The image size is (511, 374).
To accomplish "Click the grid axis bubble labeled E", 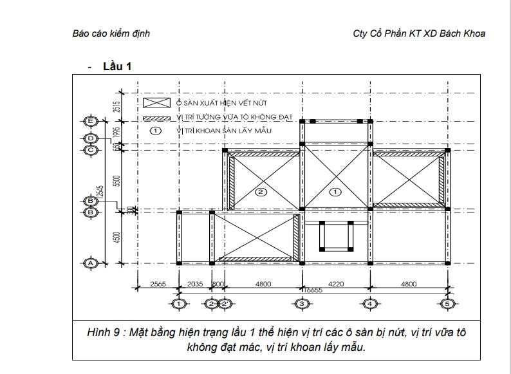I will point(91,121).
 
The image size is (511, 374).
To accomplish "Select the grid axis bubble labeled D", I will point(91,138).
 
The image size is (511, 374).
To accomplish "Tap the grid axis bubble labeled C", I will point(91,150).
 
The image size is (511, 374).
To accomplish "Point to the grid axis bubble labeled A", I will point(91,263).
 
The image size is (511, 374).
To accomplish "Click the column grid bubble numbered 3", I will point(301,303).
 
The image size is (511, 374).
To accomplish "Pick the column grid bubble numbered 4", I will point(370,303).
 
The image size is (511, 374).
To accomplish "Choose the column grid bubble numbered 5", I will point(448,303).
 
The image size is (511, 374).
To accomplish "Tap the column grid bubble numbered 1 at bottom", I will point(179,303).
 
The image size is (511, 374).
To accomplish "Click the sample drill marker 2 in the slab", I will point(261,192).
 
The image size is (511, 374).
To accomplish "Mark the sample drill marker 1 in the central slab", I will point(334,192).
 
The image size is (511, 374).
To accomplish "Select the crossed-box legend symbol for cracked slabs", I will point(156,102).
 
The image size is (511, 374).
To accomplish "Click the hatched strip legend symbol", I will point(156,118).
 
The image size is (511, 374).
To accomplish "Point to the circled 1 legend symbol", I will point(155,130).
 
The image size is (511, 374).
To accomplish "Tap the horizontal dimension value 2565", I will point(158,283).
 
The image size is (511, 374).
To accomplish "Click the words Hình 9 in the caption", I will point(103,333).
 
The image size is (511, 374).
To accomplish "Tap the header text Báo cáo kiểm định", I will point(111,33).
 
